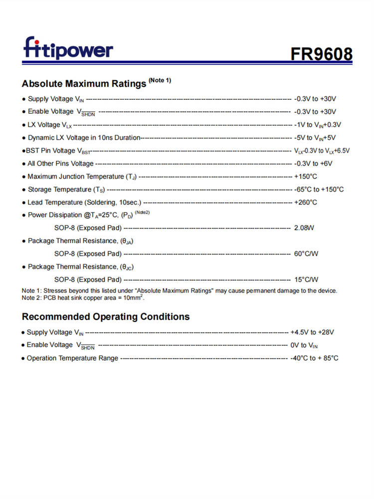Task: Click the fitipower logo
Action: [68, 49]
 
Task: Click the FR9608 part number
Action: [322, 54]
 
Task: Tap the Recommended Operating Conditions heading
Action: [106, 317]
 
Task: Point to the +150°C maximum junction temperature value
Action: [306, 177]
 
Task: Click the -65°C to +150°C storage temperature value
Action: [319, 190]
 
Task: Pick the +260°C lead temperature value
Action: [306, 203]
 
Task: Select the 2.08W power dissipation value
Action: [304, 228]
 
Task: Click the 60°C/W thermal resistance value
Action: [306, 254]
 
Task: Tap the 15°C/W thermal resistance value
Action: [306, 280]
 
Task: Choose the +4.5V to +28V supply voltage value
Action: [312, 332]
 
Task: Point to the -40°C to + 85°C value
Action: [314, 358]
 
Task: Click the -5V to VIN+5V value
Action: [315, 138]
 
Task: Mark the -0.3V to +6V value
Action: [313, 164]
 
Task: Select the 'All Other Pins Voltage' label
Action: [60, 164]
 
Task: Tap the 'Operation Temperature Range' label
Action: [72, 358]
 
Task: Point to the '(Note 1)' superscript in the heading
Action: [160, 80]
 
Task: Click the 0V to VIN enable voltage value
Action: [304, 345]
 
